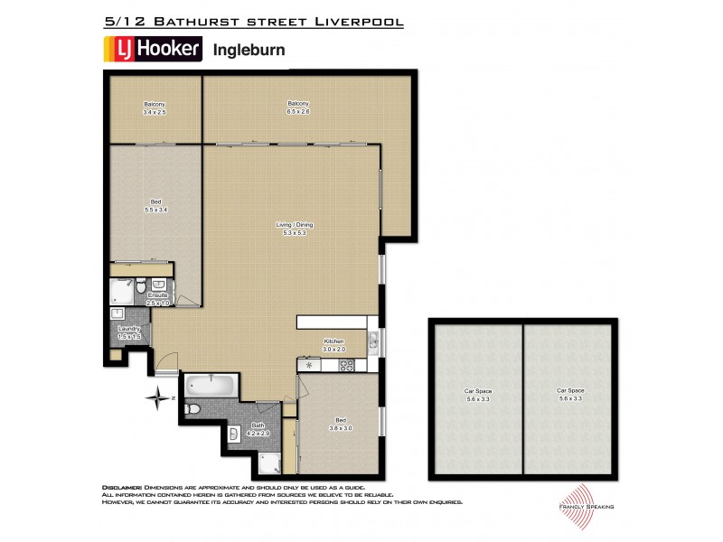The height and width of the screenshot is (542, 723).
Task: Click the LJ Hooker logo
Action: click(x=151, y=50)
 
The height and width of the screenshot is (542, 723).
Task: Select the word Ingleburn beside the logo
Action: click(x=248, y=51)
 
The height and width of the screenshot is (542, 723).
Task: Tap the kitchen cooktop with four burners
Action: click(x=344, y=365)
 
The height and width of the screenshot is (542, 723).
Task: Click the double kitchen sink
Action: click(x=373, y=341)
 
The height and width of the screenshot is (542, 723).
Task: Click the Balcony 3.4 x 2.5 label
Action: click(x=155, y=108)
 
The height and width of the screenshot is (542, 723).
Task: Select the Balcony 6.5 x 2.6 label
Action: click(x=298, y=108)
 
